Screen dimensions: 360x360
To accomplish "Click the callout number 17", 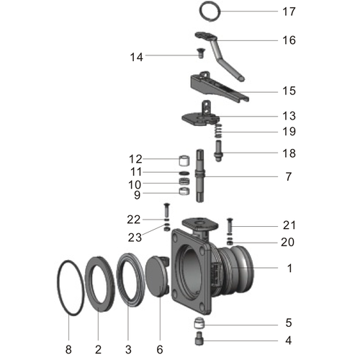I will point(288,12).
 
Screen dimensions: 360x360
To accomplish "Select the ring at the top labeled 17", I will point(209,12).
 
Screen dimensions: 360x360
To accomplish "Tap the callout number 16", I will point(288,40).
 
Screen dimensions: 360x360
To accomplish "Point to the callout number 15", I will point(288,91).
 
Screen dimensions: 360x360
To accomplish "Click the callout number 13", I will point(288,116).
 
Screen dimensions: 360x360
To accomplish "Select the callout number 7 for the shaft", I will point(288,176).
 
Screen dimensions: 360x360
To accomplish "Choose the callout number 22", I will point(135,219).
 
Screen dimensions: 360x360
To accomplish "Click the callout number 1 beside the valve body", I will point(288,268).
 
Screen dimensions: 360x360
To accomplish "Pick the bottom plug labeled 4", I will point(198,338).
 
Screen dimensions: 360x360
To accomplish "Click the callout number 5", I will point(288,322).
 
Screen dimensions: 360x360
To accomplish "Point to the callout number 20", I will point(288,242).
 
